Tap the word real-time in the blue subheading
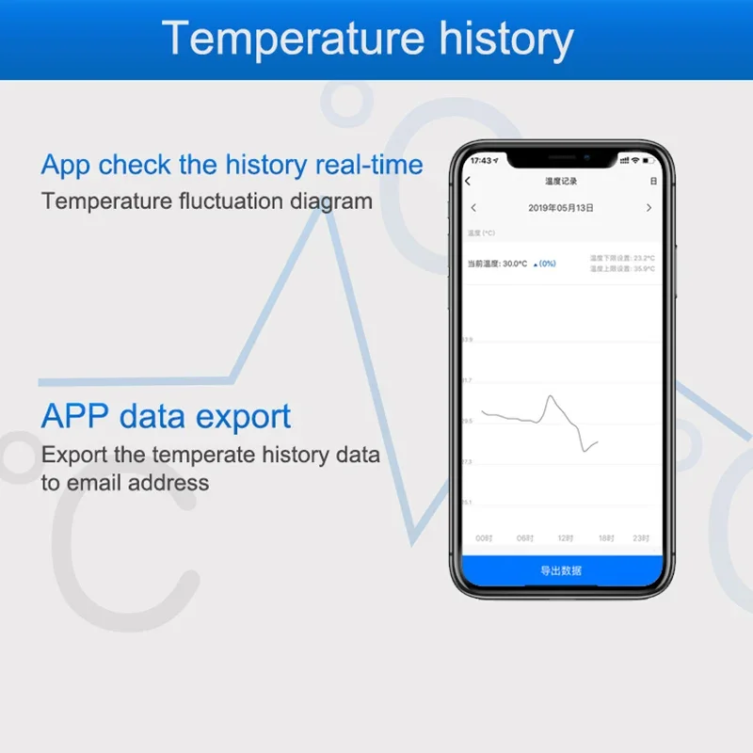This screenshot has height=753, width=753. click(369, 165)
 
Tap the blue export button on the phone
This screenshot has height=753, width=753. click(561, 570)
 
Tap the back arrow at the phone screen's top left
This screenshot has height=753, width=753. click(469, 181)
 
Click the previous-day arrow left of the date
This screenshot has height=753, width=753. click(473, 208)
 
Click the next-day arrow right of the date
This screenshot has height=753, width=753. click(649, 208)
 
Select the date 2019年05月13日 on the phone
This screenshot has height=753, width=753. click(561, 208)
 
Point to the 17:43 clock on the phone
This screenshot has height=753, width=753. click(481, 161)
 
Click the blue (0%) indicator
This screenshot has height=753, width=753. click(545, 264)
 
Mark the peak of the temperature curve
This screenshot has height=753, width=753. click(551, 396)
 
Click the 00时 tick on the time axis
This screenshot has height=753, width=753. click(484, 538)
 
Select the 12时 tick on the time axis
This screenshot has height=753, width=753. click(565, 538)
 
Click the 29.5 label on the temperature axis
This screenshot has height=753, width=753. click(467, 421)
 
